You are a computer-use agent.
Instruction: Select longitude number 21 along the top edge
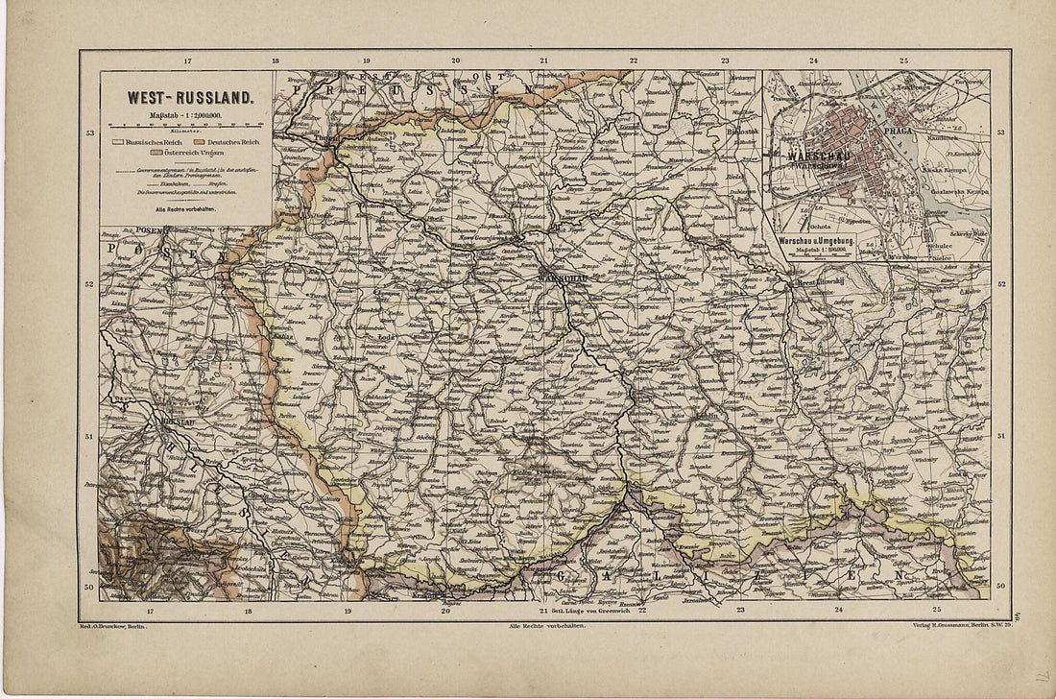click(x=544, y=60)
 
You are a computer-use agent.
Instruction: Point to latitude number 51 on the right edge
click(x=1001, y=436)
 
